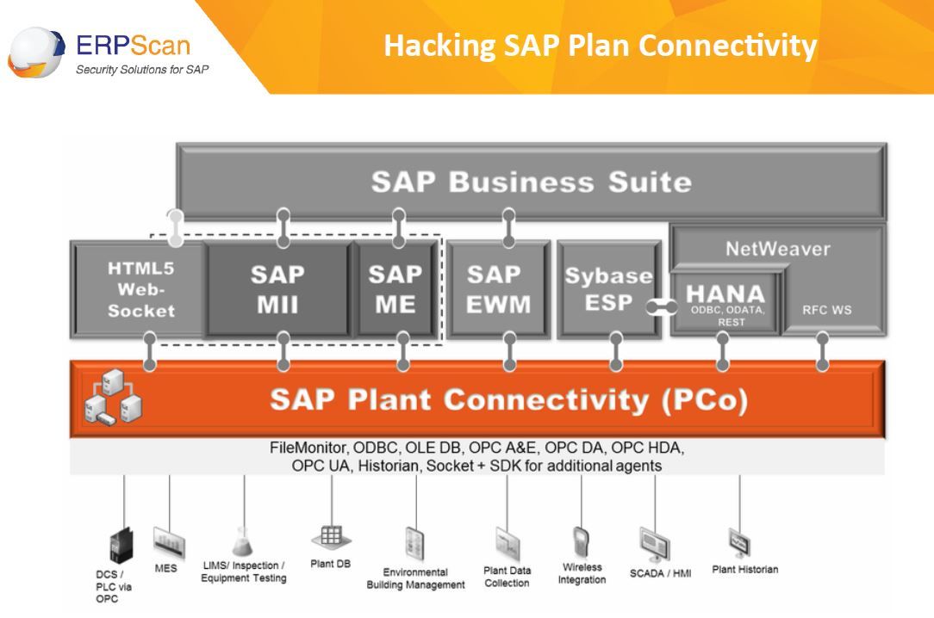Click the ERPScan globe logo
35,53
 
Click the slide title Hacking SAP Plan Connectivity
600,46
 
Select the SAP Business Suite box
532,182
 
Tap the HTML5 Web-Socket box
140,290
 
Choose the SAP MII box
277,290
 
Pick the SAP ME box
395,290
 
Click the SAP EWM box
498,290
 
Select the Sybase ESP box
609,290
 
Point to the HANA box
725,303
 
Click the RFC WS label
827,310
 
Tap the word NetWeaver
778,249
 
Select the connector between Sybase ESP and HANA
662,307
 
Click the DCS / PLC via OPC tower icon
121,546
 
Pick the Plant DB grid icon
331,538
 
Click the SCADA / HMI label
661,573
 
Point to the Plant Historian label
745,569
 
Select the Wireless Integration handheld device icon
581,542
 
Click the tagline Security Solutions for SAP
142,70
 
